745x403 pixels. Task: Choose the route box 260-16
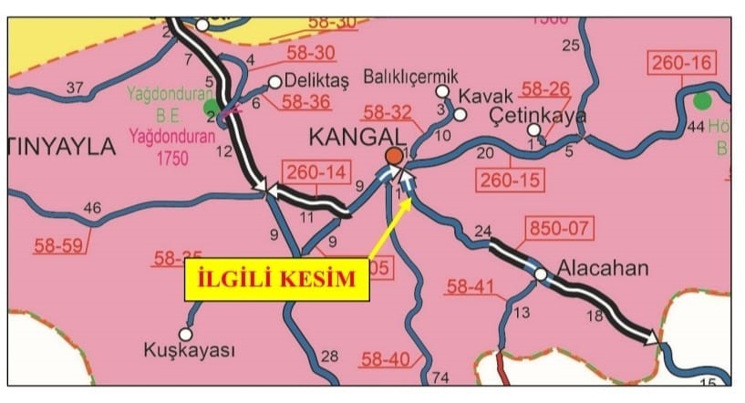tap(682, 64)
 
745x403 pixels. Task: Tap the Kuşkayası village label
tap(190, 350)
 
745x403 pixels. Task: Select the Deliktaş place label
tap(316, 80)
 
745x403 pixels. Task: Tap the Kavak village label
tap(481, 96)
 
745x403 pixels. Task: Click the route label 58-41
tap(471, 288)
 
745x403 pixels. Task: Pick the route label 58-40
tap(386, 359)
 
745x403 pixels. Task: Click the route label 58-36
tap(306, 102)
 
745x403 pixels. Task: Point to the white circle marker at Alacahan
tap(541, 274)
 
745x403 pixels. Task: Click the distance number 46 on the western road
tap(92, 209)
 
